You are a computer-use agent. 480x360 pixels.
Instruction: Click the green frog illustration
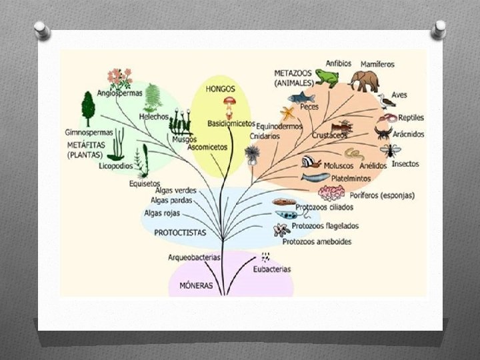(x=327, y=78)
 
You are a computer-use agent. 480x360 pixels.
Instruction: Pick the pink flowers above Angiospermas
(x=120, y=79)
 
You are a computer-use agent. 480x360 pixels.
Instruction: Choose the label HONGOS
(x=220, y=89)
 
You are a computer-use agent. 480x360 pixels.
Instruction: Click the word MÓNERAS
(x=196, y=285)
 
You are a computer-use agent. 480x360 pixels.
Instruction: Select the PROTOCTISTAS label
(x=180, y=233)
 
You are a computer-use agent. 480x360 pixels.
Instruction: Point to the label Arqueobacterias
(x=194, y=257)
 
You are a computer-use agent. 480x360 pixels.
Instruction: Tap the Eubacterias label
(x=272, y=269)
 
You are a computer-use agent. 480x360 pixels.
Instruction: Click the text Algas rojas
(x=161, y=213)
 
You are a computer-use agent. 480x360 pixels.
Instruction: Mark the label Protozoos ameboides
(x=317, y=241)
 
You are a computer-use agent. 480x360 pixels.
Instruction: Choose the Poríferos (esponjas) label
(x=381, y=195)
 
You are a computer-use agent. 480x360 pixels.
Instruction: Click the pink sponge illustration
(x=331, y=193)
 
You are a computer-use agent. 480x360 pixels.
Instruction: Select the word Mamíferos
(x=377, y=64)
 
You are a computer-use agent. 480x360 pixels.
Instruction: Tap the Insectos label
(x=405, y=164)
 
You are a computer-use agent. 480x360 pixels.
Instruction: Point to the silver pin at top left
(x=41, y=30)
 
